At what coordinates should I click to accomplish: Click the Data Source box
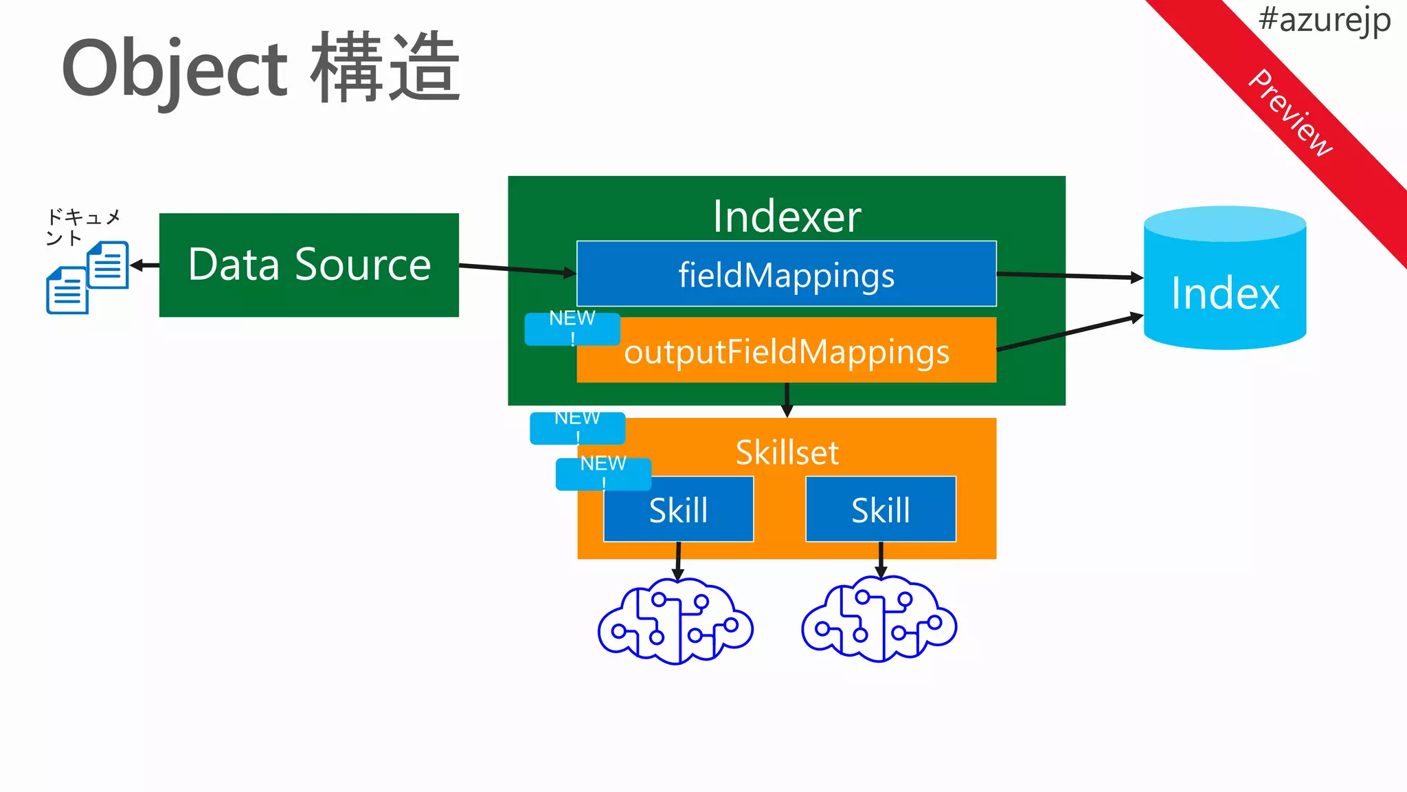point(308,265)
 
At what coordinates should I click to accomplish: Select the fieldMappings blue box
point(786,274)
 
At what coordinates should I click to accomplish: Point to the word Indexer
point(786,217)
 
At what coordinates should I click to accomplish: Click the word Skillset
point(787,452)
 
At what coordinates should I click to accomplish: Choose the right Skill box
point(880,510)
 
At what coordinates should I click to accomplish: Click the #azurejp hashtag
point(1324,19)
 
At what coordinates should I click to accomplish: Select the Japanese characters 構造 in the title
point(385,69)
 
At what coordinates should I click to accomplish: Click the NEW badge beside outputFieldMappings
point(572,329)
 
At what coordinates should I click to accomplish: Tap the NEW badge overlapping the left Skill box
point(603,473)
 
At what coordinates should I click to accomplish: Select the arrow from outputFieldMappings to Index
point(1069,333)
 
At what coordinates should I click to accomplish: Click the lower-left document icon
point(67,291)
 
